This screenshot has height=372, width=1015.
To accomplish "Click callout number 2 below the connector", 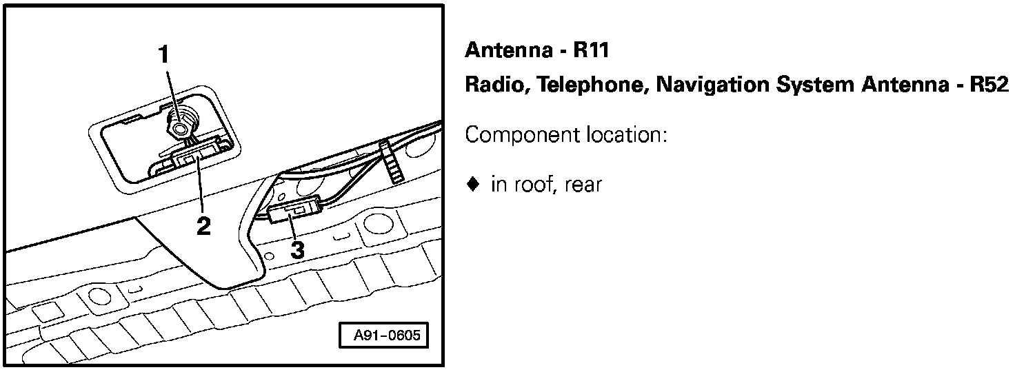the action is pyautogui.click(x=203, y=225).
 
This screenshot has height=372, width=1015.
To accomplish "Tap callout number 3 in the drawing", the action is pyautogui.click(x=297, y=250).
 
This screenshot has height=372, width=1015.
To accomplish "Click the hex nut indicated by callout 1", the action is pyautogui.click(x=180, y=127).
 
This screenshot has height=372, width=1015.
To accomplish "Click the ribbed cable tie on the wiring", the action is pyautogui.click(x=390, y=163).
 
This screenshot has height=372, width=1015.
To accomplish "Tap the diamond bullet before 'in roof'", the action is pyautogui.click(x=472, y=185).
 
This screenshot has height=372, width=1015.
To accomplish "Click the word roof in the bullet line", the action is pyautogui.click(x=532, y=185).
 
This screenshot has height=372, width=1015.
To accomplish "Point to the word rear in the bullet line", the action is pyautogui.click(x=583, y=185).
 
